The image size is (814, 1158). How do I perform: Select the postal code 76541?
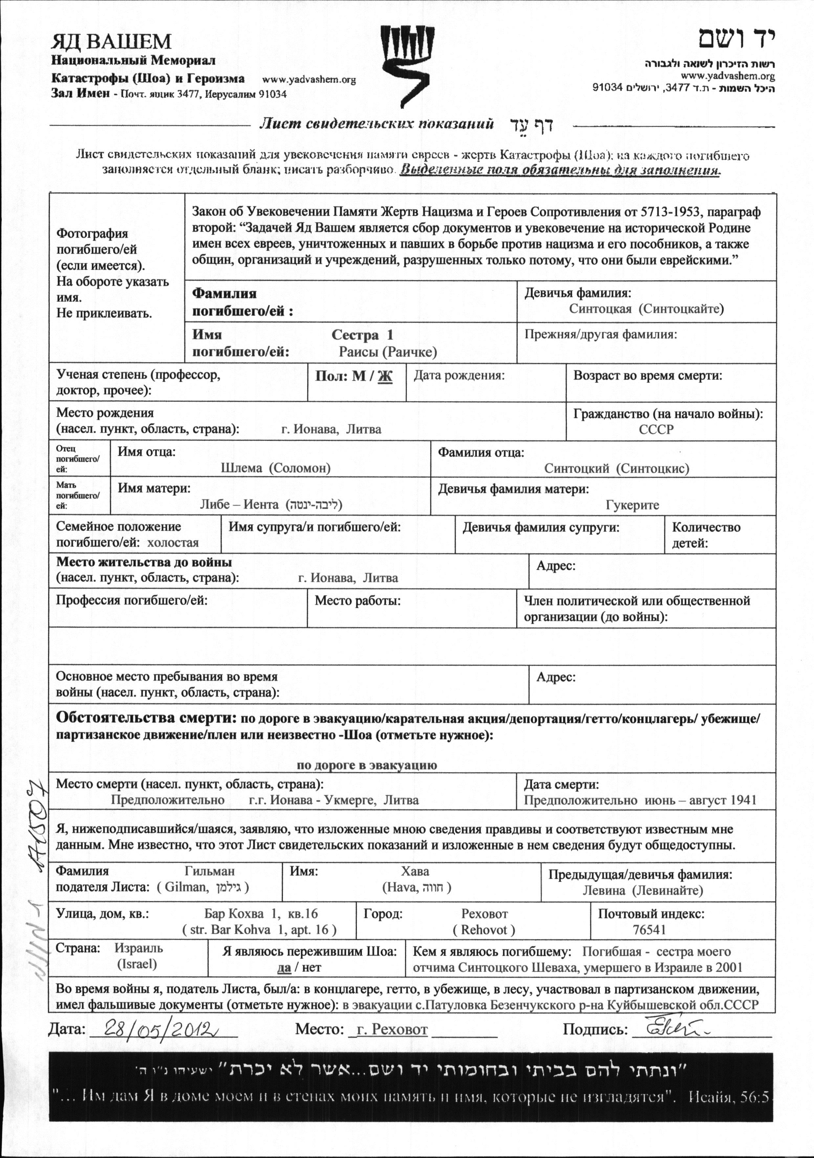coord(649,930)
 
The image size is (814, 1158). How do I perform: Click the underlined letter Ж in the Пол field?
coord(385,376)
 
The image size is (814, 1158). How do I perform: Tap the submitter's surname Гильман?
coord(209,871)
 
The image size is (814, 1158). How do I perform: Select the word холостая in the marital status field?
coord(173,543)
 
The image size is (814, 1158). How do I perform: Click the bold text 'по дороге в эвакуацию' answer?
coord(367,765)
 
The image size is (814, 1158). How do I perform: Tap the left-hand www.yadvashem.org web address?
coord(309,80)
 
